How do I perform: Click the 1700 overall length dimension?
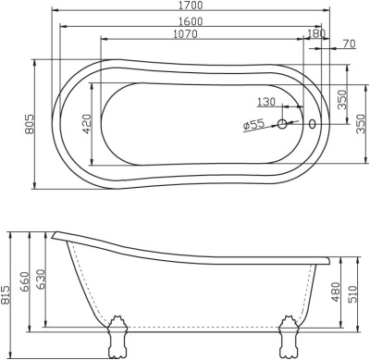(x=191, y=6)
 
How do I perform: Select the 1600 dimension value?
(x=191, y=20)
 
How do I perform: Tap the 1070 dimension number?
(x=191, y=34)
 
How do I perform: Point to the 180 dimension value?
(x=316, y=34)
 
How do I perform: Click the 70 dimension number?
(x=348, y=43)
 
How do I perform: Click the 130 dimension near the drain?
(x=266, y=103)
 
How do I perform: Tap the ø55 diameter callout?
(x=254, y=126)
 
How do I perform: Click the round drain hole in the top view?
(x=283, y=123)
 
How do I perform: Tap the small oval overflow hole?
(x=312, y=123)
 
